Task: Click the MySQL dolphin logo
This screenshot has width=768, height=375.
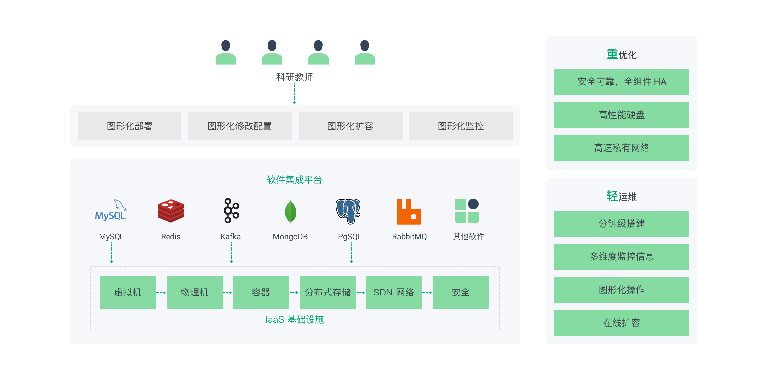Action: point(111,210)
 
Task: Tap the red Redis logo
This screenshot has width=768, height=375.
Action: point(171,211)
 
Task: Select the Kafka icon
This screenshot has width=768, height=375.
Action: point(231,211)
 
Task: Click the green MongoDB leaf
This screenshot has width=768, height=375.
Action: point(291,212)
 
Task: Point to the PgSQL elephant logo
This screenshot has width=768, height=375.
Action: point(348,211)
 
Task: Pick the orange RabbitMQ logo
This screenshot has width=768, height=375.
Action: point(409,212)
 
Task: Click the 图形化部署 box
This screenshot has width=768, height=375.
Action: point(130,126)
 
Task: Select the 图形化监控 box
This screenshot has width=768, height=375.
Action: point(461,126)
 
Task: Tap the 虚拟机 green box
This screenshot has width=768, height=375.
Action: point(128,293)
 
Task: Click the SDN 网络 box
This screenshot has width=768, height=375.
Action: point(394,293)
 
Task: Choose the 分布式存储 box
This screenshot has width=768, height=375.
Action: point(328,293)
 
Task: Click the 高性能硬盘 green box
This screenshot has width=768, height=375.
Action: point(622,115)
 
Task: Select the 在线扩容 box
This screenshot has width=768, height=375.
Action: point(622,323)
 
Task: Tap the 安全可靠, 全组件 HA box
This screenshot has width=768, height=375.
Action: point(622,82)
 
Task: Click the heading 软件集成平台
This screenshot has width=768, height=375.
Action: point(295,180)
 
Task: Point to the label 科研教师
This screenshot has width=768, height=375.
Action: point(295,77)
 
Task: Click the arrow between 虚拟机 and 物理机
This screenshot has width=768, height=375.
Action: point(161,293)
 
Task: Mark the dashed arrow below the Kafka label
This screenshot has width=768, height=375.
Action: point(231,253)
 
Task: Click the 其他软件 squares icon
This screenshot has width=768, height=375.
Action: point(467,211)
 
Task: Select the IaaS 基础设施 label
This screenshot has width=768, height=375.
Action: point(295,319)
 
